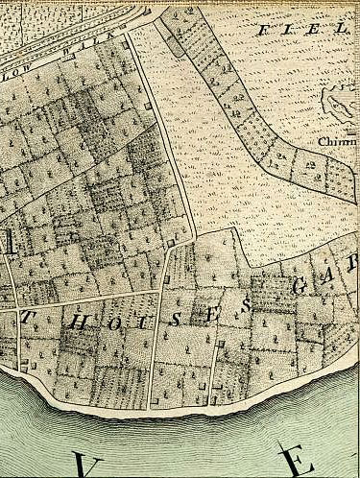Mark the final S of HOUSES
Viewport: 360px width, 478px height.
246,305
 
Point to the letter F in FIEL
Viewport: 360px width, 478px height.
261,31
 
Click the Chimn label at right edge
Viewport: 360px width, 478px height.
338,141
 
